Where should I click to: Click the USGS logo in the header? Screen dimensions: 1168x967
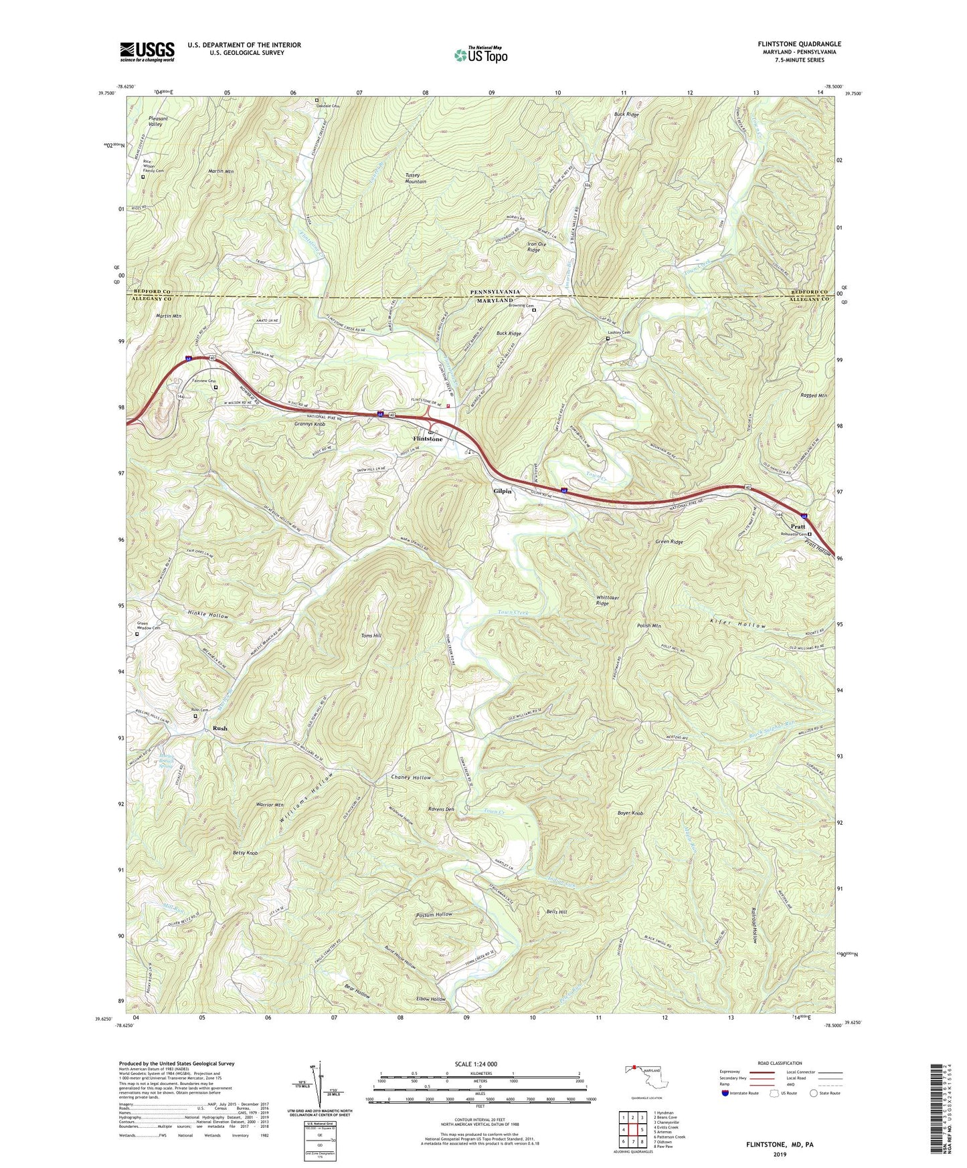[147, 52]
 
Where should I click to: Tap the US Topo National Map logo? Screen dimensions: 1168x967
[480, 55]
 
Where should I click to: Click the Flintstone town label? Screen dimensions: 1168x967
[428, 439]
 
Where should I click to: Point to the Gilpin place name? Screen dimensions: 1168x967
[502, 491]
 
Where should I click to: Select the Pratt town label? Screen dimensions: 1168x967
[798, 526]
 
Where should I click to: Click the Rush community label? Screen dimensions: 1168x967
[219, 728]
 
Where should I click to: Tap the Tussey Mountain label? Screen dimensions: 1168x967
[416, 179]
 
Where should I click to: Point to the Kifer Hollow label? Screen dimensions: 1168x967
[737, 625]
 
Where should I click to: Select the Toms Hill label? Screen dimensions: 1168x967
[371, 636]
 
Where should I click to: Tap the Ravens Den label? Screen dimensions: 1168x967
[441, 809]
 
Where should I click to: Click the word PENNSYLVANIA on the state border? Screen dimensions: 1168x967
[495, 292]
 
